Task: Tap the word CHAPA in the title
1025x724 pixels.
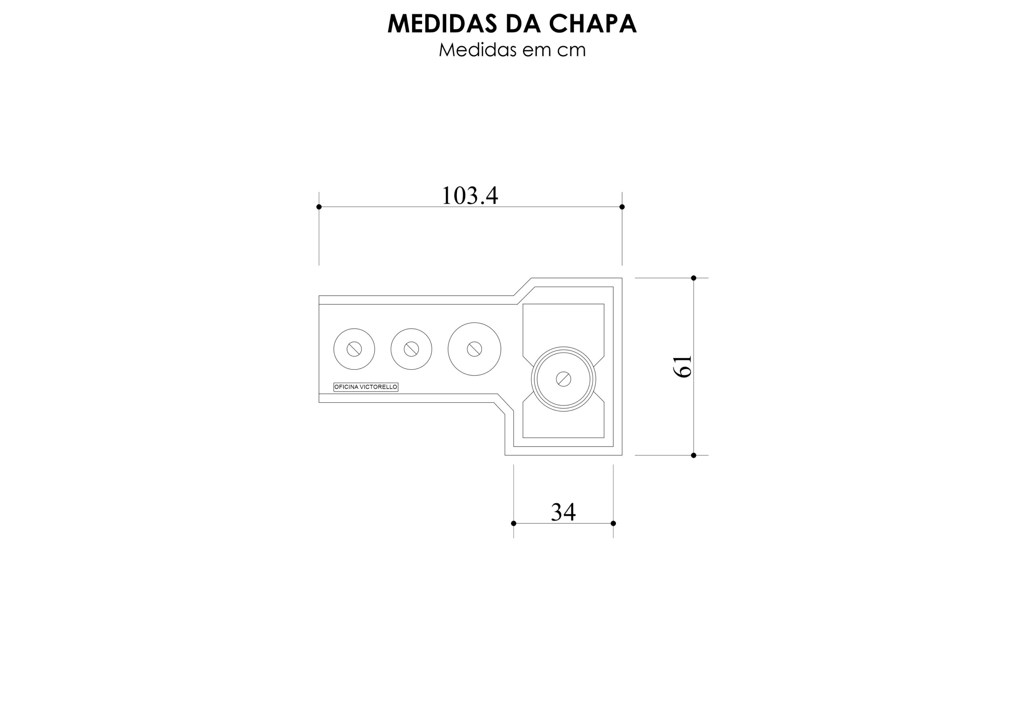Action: coord(593,24)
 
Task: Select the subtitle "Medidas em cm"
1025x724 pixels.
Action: coord(512,50)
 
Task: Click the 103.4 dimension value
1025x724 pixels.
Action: coord(470,195)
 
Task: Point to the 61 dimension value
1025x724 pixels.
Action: coord(683,367)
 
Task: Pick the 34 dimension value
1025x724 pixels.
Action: coord(563,512)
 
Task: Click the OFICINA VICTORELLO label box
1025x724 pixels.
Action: coord(366,387)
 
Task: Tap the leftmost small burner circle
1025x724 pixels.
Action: coord(354,349)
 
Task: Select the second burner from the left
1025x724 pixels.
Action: coord(411,349)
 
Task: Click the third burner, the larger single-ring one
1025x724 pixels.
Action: coord(474,349)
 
